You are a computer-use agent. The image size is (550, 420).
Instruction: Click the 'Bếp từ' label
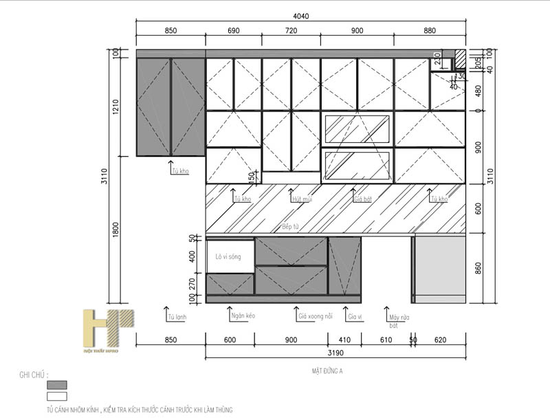coord(291,226)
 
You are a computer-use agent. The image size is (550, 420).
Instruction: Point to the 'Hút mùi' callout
coord(302,199)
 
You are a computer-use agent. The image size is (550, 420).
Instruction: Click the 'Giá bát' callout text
coord(362,199)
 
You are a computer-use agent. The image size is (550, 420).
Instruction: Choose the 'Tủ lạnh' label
coord(177,318)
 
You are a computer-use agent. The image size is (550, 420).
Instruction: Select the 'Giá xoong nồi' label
coord(316,316)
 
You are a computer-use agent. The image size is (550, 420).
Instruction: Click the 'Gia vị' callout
coord(355,316)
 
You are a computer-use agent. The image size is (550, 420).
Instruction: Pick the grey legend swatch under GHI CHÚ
coord(56,385)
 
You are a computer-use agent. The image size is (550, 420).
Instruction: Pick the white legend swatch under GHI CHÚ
coord(56,397)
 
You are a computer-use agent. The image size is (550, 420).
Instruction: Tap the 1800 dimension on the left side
coord(116,229)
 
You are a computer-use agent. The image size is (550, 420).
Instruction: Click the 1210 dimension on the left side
coord(116,107)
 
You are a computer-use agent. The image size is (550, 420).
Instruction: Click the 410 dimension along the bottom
coord(344,340)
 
